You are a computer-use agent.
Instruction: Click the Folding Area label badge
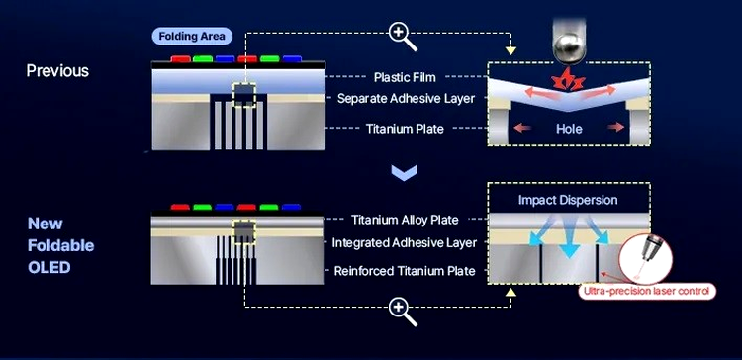192,37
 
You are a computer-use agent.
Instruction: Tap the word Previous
57,70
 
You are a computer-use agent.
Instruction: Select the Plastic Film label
405,76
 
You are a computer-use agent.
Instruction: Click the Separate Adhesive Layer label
406,98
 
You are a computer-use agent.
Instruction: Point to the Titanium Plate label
405,129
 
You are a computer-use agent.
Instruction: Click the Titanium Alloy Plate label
405,220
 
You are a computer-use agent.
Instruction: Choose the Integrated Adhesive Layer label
404,242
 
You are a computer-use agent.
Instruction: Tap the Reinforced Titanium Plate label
405,271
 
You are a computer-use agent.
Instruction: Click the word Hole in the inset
569,129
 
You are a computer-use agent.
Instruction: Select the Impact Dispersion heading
568,200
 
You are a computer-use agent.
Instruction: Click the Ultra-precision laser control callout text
646,292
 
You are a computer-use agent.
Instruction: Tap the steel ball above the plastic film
569,47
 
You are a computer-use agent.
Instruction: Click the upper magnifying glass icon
402,37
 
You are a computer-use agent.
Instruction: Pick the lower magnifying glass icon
402,311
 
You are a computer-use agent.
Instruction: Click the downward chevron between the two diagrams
404,173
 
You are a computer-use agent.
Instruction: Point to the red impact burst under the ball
569,80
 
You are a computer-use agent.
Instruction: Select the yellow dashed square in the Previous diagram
244,95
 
